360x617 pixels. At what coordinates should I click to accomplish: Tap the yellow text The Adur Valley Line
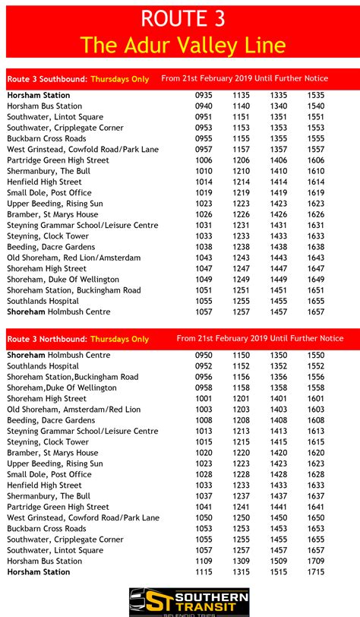coord(183,45)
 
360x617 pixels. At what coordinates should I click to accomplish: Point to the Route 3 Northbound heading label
coord(47,339)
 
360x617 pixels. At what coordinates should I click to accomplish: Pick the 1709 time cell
coord(316,561)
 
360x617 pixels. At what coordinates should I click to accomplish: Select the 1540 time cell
coord(316,106)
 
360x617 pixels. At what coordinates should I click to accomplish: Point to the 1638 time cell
coord(316,247)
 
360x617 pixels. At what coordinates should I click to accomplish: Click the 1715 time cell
coord(316,571)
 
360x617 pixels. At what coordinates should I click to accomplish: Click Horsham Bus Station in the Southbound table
coord(44,106)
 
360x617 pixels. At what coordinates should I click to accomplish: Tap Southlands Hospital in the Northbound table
coord(43,366)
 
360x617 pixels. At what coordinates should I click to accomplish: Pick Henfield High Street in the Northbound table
coord(44,485)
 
